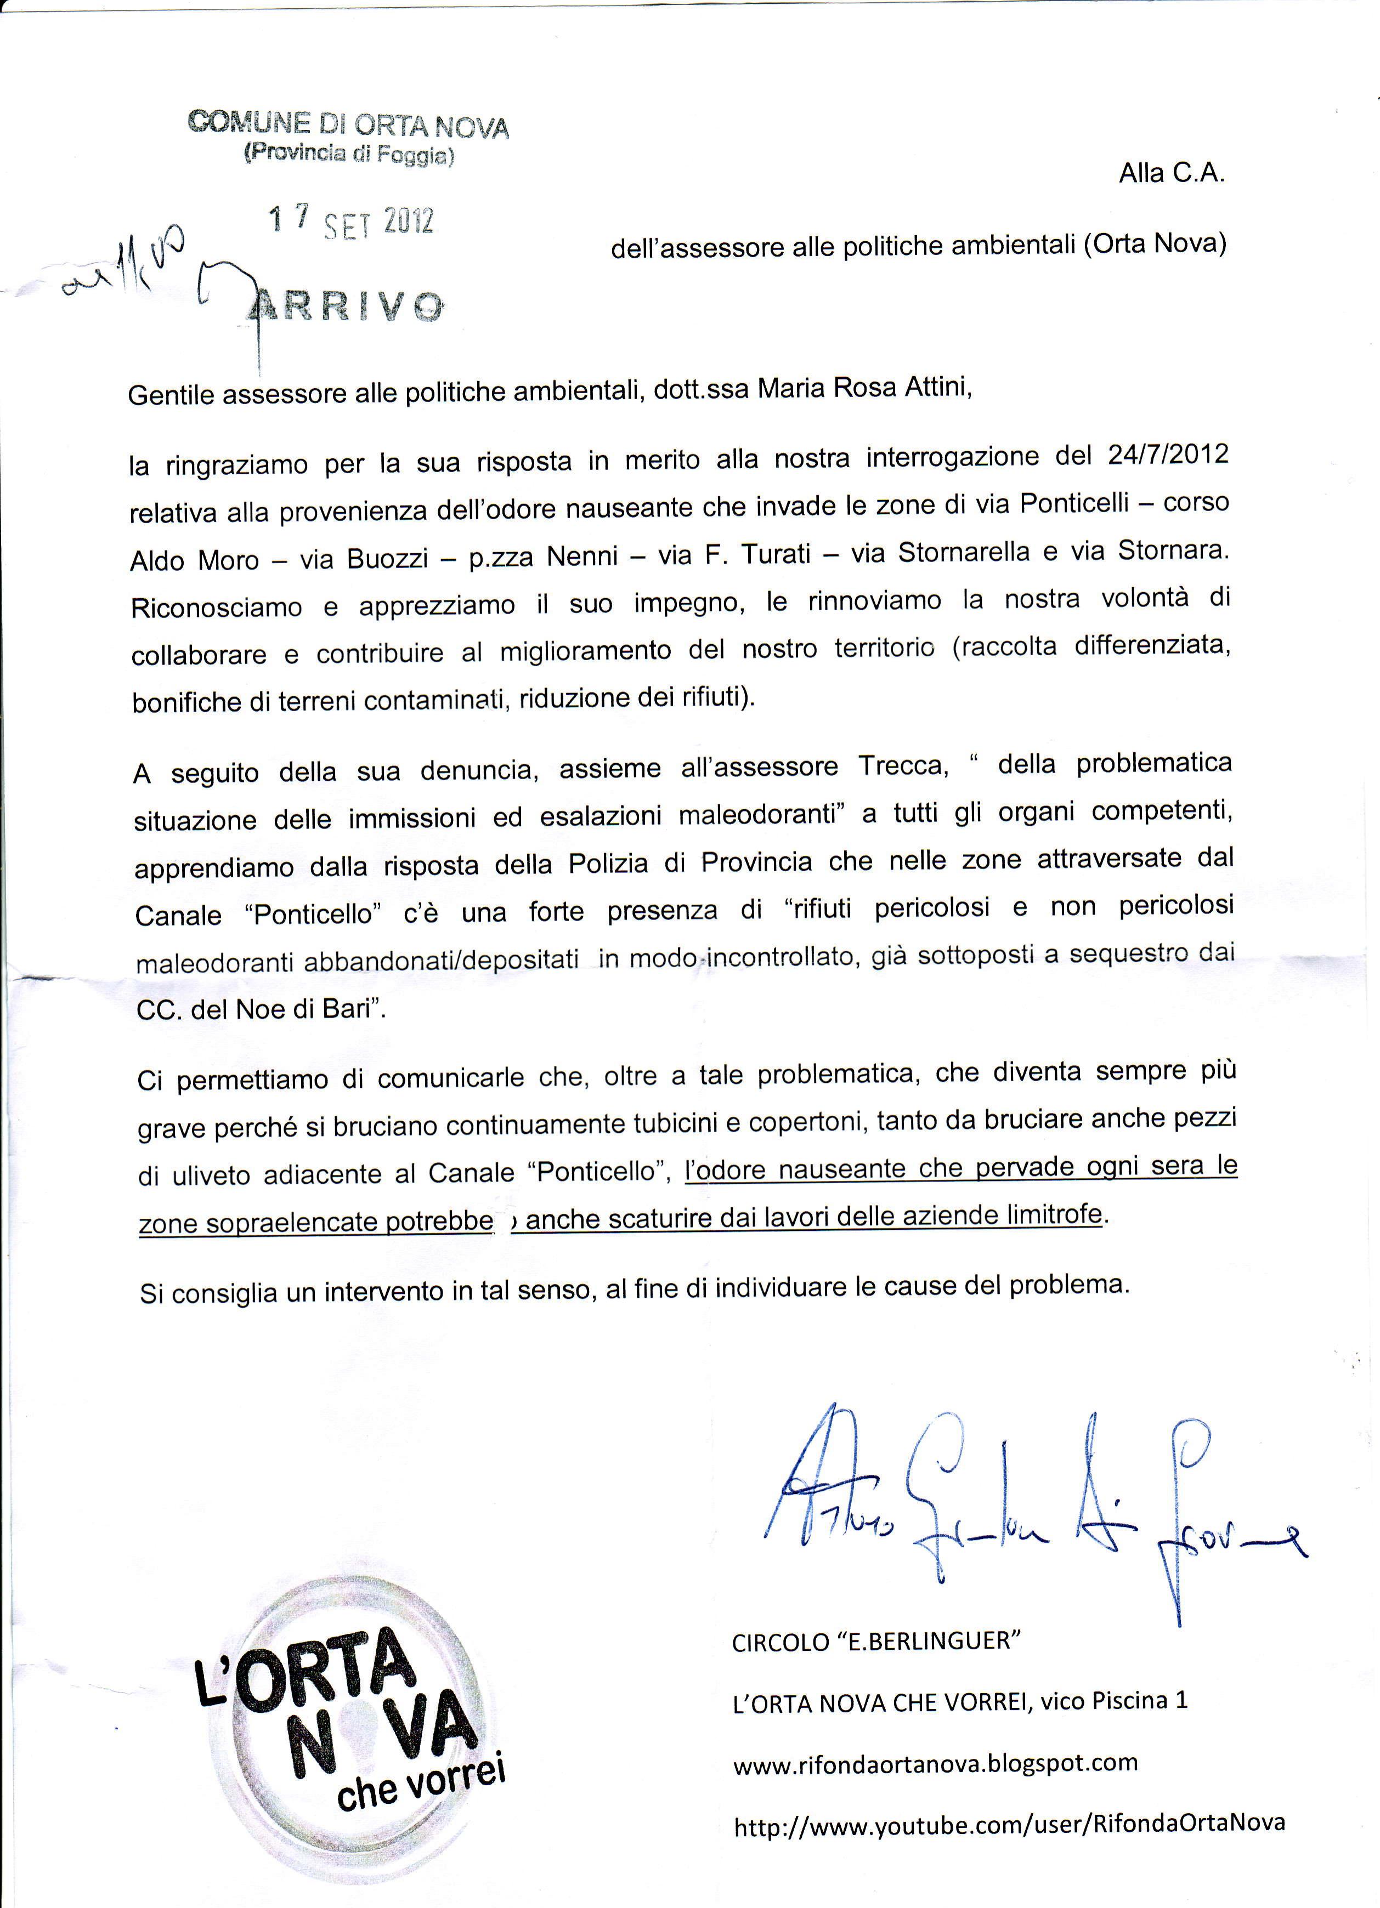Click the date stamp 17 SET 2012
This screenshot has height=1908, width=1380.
[351, 222]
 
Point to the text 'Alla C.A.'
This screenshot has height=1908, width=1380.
[1172, 173]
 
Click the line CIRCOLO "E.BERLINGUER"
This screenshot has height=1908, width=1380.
[876, 1642]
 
